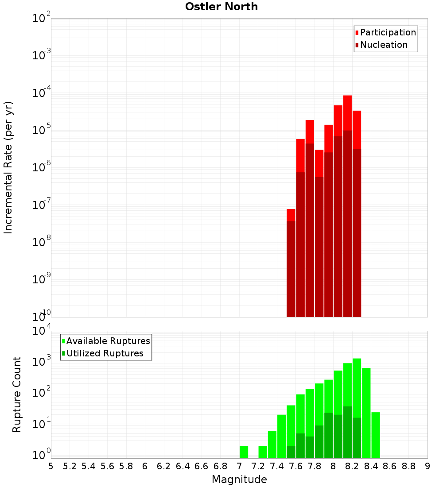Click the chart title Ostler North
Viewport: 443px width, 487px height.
[x=221, y=7]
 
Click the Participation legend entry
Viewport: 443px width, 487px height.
[x=385, y=33]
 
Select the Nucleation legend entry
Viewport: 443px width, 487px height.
[x=381, y=45]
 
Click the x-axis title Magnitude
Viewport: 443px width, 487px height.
[x=239, y=479]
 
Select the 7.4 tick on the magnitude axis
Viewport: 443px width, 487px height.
[x=277, y=466]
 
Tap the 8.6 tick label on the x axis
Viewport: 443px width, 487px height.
[x=390, y=466]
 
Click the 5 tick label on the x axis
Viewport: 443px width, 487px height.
[x=51, y=466]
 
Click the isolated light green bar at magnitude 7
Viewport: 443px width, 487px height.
[x=244, y=452]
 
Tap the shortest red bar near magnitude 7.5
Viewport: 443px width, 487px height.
[x=291, y=215]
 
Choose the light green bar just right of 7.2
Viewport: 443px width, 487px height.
[x=263, y=452]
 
